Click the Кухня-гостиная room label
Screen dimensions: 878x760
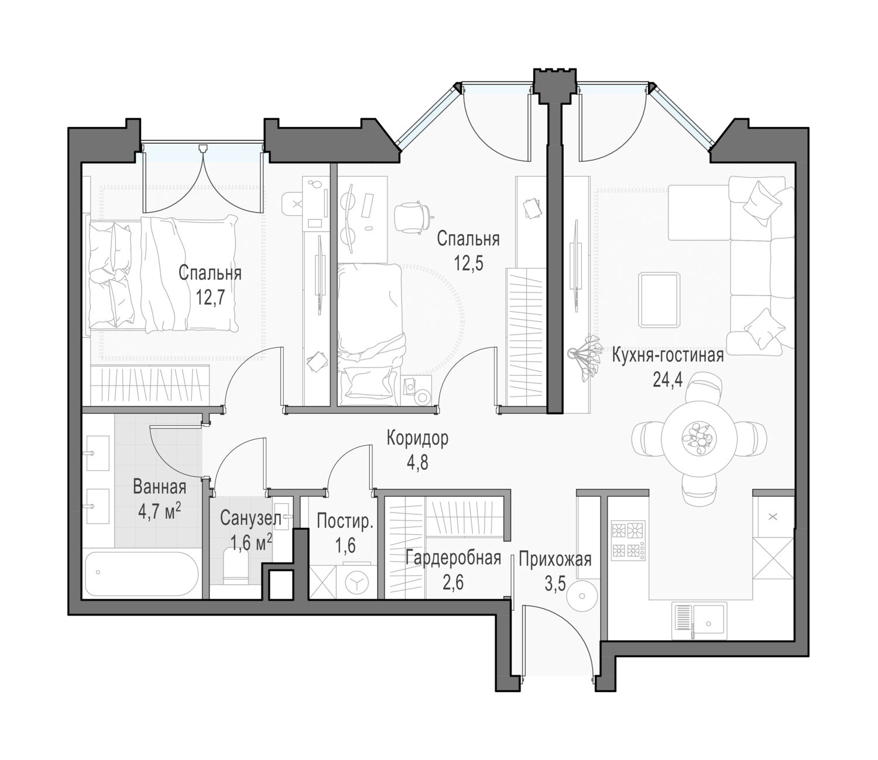668,355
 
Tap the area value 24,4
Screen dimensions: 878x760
668,380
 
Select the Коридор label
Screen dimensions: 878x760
417,438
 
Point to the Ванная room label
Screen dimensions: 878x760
160,487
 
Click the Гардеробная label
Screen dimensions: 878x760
453,558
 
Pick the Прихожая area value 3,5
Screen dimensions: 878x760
555,584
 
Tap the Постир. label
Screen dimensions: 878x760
345,521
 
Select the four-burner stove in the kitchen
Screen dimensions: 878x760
628,540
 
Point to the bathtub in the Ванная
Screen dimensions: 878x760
141,573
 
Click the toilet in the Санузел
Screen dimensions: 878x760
236,566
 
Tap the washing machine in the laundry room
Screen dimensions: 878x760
360,582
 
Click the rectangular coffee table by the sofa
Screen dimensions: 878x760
660,301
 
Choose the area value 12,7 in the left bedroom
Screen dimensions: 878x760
210,297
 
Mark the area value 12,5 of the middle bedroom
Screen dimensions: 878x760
468,263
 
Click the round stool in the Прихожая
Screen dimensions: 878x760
582,596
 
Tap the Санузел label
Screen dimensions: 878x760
251,518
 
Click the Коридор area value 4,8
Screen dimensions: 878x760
417,462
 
